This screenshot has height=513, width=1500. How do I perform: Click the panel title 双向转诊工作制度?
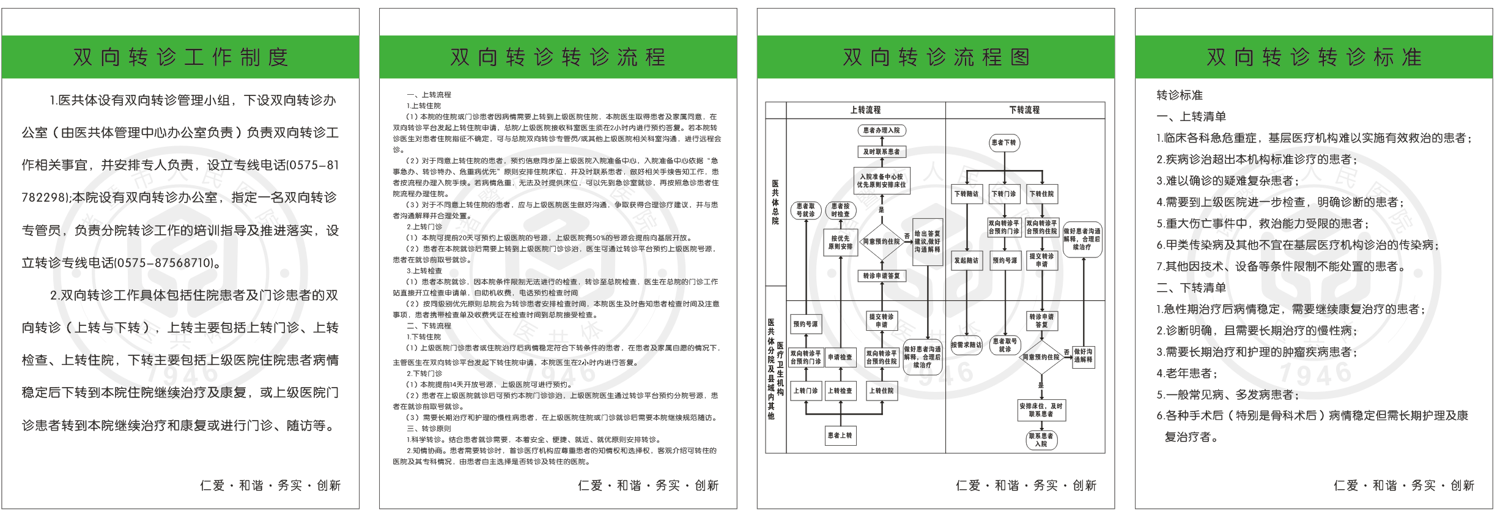pos(180,57)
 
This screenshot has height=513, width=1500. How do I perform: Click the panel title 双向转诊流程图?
pos(936,57)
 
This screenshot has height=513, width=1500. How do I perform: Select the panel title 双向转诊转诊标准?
pos(1313,57)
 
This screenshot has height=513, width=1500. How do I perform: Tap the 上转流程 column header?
pos(865,110)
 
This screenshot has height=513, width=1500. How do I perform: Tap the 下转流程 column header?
pos(1024,110)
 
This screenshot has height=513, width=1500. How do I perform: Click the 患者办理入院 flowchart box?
pos(881,130)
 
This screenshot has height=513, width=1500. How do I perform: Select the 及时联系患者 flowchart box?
pos(881,152)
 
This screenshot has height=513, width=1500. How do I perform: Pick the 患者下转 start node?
pos(1003,142)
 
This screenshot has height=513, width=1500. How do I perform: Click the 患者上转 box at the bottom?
pos(840,435)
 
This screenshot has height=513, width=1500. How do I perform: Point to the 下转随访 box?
pos(966,194)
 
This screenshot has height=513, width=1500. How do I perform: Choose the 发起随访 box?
pos(966,260)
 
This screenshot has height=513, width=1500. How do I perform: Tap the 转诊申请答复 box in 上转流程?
pos(881,276)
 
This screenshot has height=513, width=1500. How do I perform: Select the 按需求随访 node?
pos(966,345)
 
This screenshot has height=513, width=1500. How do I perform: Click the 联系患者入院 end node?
pos(1041,440)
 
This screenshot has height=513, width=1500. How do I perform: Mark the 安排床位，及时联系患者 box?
pos(1041,410)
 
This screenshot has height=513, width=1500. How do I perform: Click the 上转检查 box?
pos(840,391)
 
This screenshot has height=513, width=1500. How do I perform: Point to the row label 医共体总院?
pos(775,202)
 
